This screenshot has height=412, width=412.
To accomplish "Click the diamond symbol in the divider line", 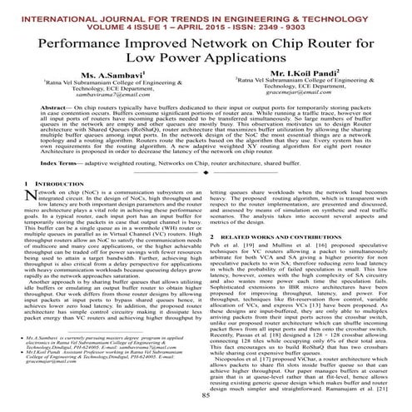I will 206,196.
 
